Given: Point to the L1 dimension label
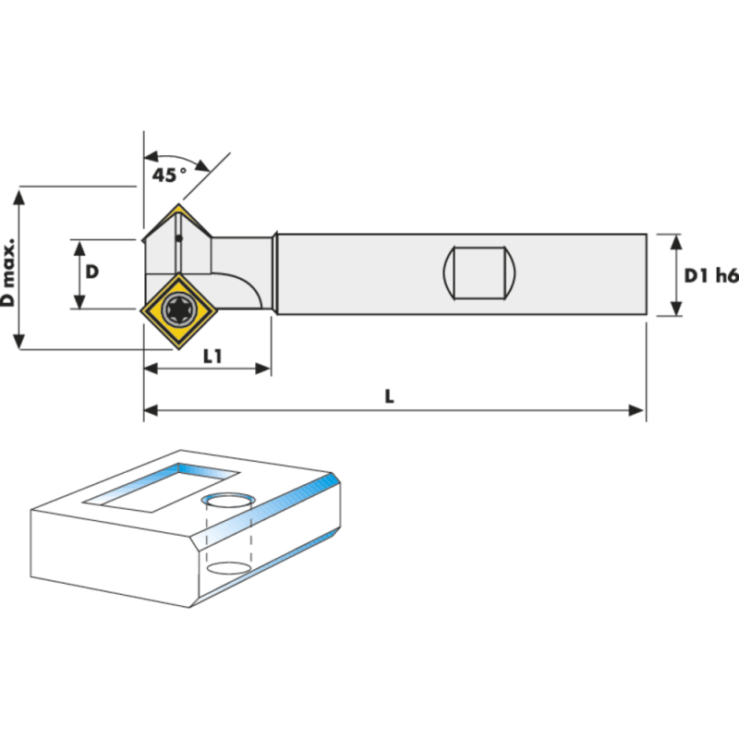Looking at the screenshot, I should [x=212, y=356].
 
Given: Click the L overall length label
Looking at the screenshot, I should [x=390, y=395].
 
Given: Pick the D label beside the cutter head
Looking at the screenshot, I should [x=92, y=273].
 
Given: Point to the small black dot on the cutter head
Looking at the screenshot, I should [x=180, y=238].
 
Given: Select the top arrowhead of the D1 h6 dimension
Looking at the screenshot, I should [x=676, y=242].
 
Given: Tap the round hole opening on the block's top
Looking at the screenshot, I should [x=227, y=502].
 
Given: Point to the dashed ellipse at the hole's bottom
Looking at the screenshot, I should [x=227, y=566].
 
